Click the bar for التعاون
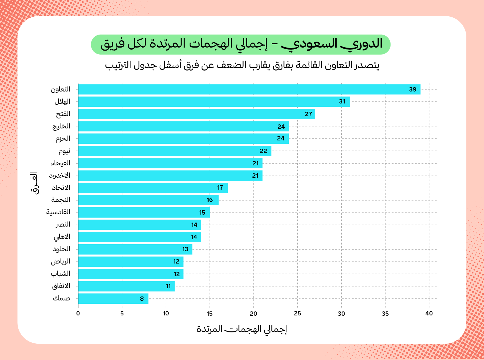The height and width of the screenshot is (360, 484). (x=249, y=90)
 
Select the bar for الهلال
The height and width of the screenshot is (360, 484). (x=214, y=102)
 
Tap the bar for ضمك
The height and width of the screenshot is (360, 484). (x=113, y=298)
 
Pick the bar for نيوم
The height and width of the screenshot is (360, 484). (x=175, y=151)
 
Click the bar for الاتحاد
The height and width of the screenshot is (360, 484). (x=153, y=188)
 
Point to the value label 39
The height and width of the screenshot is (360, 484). (x=412, y=90)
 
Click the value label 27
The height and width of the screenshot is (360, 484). (x=308, y=114)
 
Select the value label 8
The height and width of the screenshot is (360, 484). (x=142, y=299)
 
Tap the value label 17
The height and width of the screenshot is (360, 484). (x=220, y=188)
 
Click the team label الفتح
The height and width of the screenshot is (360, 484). (x=63, y=114)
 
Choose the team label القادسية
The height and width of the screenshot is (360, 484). (x=58, y=212)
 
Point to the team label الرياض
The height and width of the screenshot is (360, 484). (x=61, y=261)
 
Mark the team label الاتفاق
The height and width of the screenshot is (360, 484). (x=61, y=286)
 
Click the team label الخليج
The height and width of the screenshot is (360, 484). (x=61, y=126)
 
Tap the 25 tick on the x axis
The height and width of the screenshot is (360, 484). (x=297, y=313)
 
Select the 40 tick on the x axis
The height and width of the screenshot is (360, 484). (x=429, y=313)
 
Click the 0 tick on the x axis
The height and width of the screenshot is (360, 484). (x=78, y=313)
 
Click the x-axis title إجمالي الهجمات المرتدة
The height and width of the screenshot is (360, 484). (x=242, y=329)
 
